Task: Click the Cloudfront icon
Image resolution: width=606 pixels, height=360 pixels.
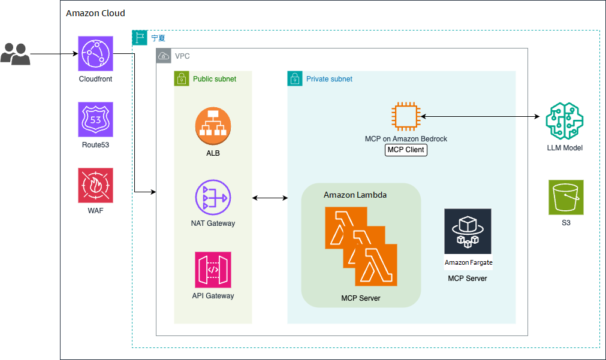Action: coord(95,54)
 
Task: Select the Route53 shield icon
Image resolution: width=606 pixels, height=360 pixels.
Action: coord(95,119)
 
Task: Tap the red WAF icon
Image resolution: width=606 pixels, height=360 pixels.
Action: coord(95,186)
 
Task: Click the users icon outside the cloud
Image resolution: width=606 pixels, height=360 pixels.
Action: coord(15,54)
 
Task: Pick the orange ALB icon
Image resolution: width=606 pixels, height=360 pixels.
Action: coord(213,126)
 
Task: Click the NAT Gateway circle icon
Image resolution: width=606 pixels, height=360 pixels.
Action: coord(213,198)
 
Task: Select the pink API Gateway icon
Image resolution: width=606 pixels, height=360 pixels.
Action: coord(213,270)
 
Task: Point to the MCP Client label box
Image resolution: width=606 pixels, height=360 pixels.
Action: coord(406,150)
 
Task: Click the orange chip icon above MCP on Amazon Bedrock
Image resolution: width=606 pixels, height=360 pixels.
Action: coord(406,117)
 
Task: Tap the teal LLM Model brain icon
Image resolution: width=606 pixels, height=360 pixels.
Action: coord(565,121)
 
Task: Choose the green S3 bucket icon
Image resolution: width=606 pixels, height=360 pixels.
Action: coord(566,198)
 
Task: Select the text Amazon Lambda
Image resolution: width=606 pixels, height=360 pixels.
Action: coord(355,195)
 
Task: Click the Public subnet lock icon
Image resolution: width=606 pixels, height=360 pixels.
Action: coord(182,78)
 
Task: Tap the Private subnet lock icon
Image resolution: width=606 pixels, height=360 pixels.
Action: coord(295,78)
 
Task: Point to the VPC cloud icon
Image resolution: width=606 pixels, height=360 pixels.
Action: coord(164,56)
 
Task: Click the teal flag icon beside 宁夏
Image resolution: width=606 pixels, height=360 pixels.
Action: coord(140,38)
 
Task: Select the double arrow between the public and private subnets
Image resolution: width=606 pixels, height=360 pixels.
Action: coord(270,198)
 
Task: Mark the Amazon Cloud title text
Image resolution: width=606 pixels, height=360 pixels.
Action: coord(95,13)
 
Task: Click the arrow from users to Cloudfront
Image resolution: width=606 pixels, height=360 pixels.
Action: coord(54,54)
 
